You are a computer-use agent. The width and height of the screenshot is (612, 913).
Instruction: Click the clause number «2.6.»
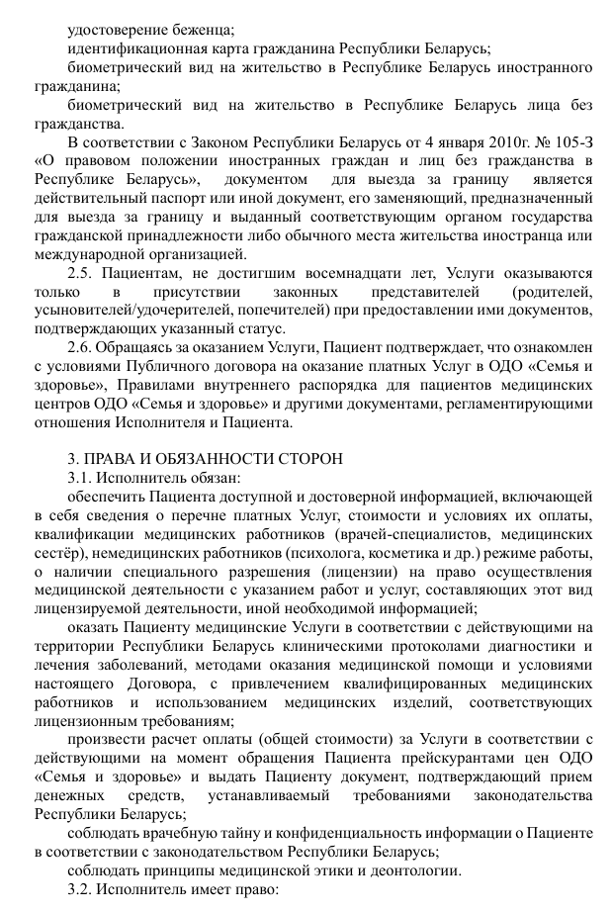coord(83,348)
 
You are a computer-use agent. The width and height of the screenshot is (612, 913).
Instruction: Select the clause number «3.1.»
coord(83,479)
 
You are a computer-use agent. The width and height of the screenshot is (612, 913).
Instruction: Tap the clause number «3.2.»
coord(83,889)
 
